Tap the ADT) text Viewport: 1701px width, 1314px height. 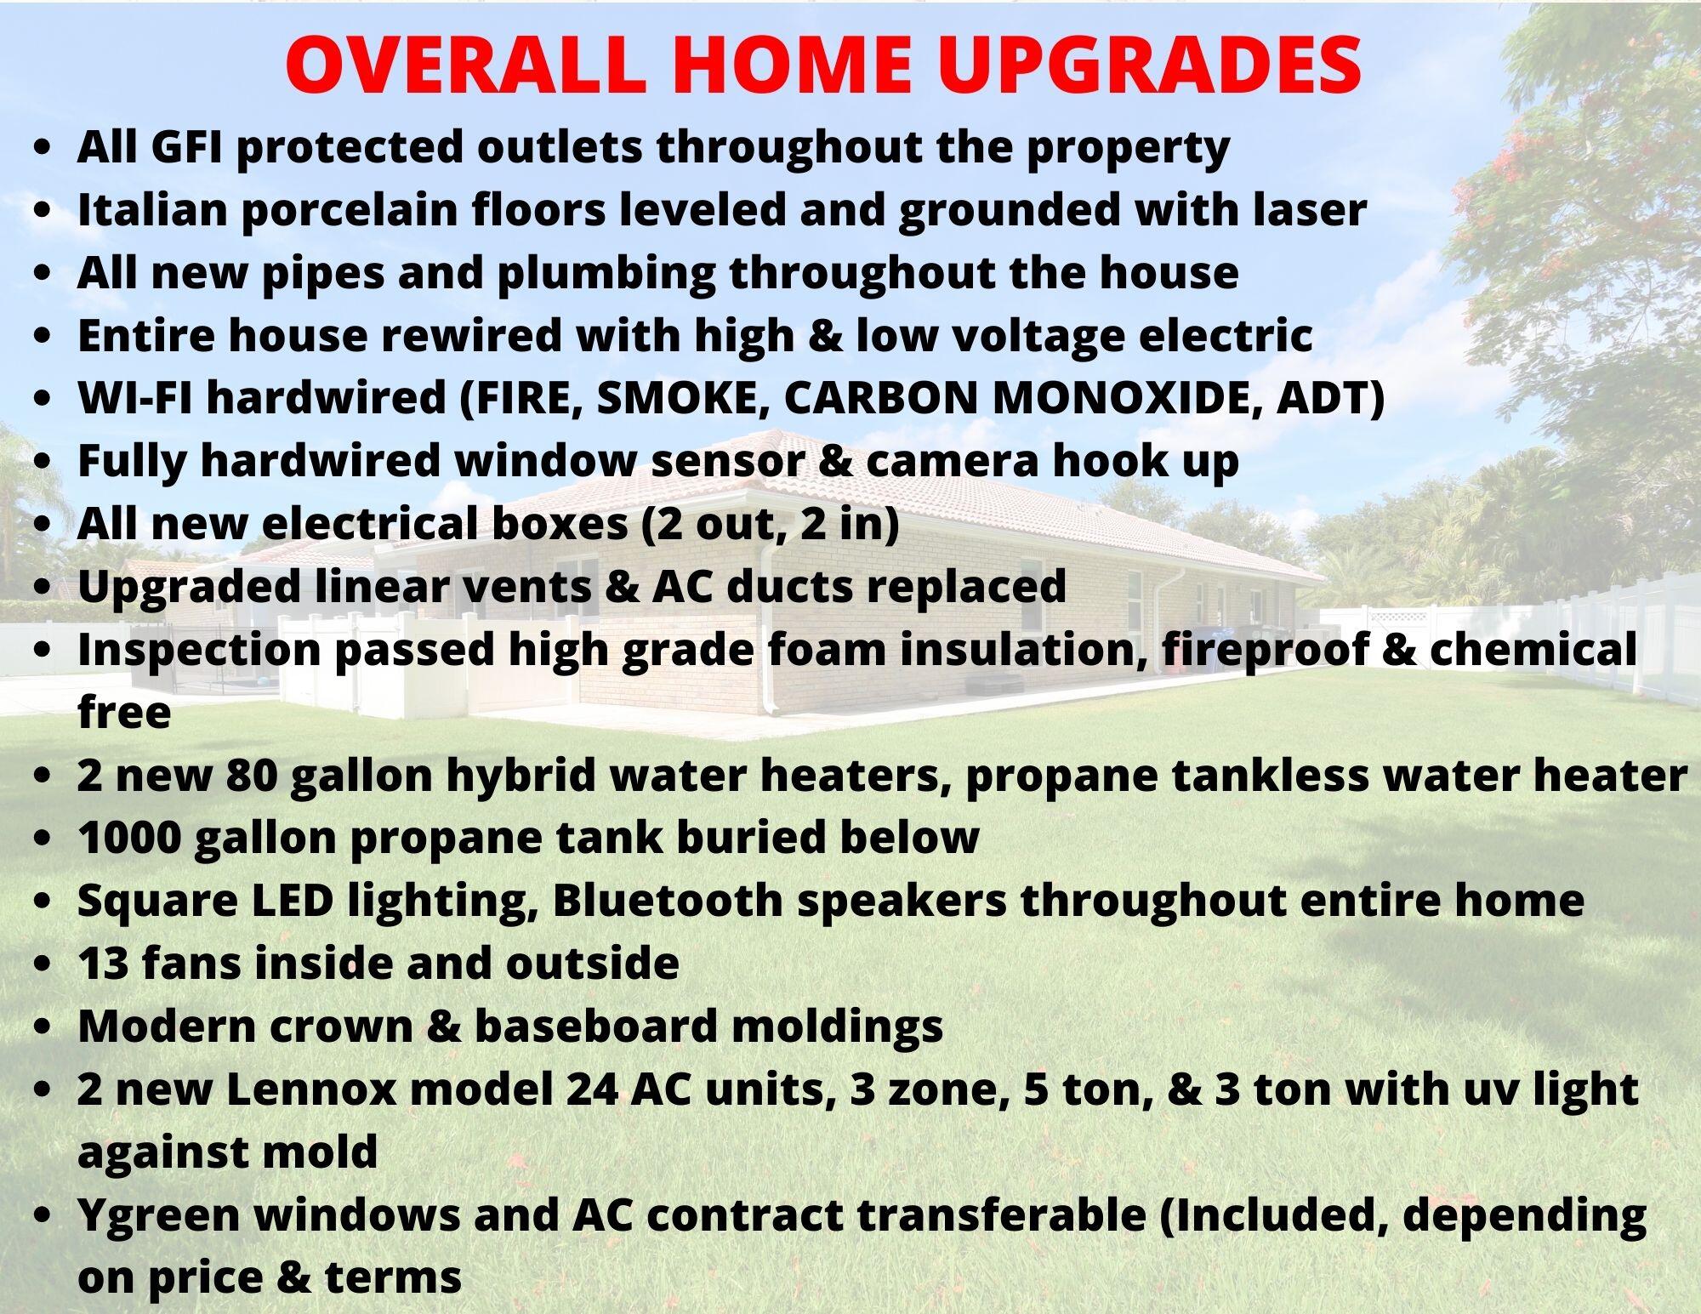tap(1331, 399)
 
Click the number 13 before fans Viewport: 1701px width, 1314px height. tap(103, 964)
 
